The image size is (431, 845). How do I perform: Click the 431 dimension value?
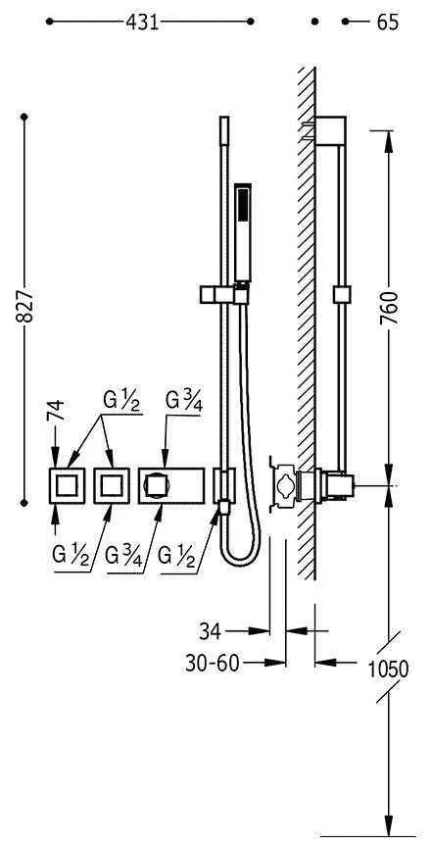coord(142,23)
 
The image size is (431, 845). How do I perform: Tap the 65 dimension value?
coord(388,23)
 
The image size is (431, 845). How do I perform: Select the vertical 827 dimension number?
coord(24,307)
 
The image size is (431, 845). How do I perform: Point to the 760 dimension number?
coord(389,308)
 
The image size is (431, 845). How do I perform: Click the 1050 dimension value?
coord(388,670)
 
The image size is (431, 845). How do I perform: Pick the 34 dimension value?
coord(210,631)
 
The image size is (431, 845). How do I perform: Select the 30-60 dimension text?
coord(212,664)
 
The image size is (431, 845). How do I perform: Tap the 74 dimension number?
coord(56,411)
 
